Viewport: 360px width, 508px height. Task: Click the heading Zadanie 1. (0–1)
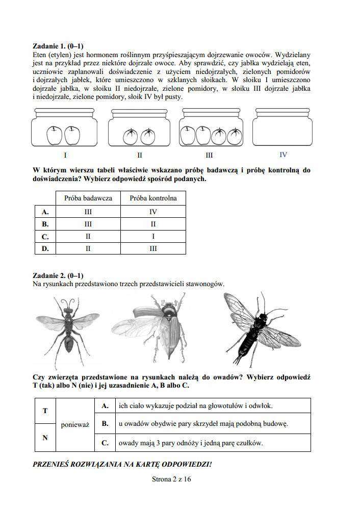point(58,46)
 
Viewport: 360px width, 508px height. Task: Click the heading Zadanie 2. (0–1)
point(58,275)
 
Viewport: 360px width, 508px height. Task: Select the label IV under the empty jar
point(283,155)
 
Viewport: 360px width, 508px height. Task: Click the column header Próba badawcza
point(88,198)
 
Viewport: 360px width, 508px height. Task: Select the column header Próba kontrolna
point(153,198)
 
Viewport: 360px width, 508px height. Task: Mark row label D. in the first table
point(45,248)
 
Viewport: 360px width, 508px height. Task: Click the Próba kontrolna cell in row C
point(153,237)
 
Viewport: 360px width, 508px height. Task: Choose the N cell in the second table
point(45,437)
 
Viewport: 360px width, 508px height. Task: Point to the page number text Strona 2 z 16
point(171,479)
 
